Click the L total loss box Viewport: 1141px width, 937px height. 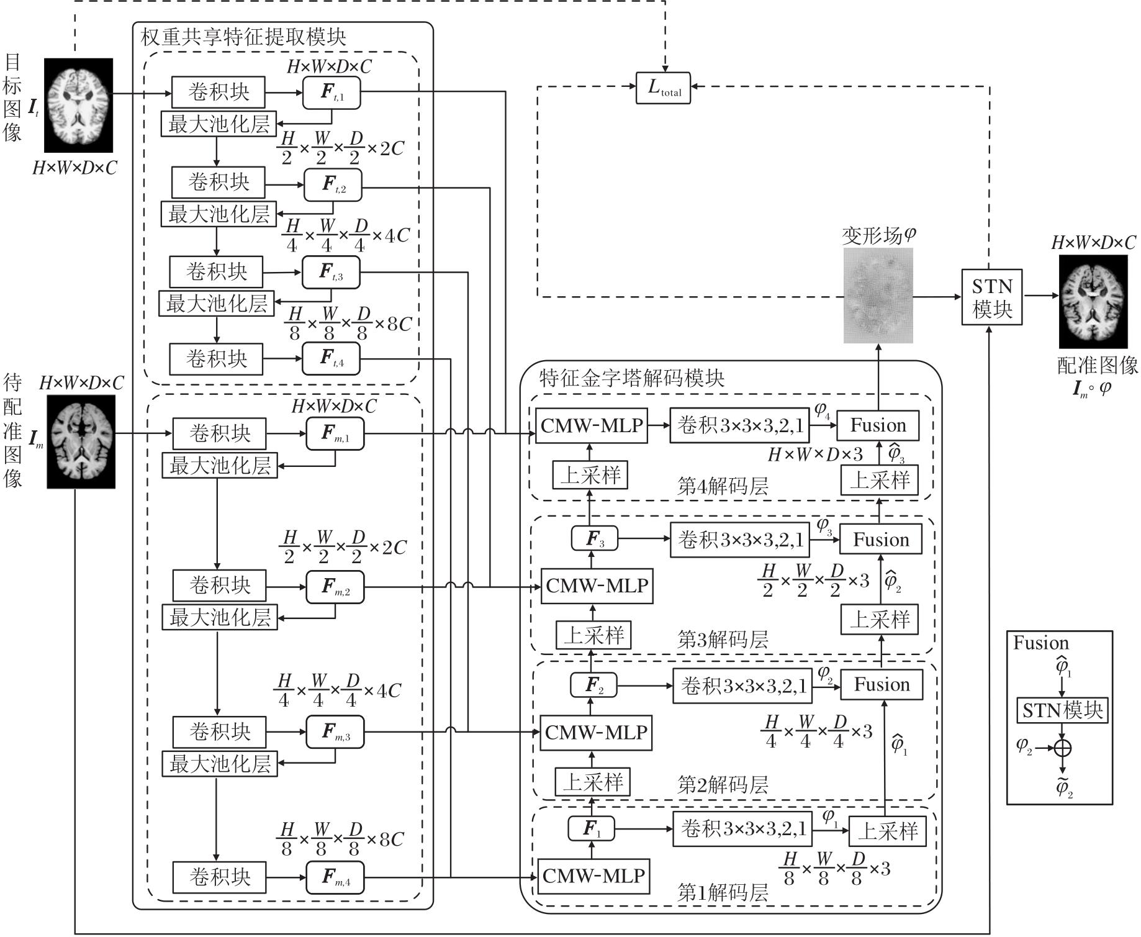click(663, 88)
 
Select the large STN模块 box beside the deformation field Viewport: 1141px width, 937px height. click(991, 297)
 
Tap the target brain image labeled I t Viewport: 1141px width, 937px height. click(78, 105)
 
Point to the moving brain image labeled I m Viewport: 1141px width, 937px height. click(81, 441)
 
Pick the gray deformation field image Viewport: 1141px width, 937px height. click(878, 296)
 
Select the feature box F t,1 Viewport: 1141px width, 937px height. click(331, 93)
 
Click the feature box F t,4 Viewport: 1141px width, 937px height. click(331, 358)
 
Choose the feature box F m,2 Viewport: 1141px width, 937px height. click(335, 587)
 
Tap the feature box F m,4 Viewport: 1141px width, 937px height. click(335, 877)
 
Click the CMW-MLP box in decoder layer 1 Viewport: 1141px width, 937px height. click(593, 876)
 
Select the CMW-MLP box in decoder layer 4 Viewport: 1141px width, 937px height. click(591, 425)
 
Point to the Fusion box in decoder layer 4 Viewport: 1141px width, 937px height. click(878, 425)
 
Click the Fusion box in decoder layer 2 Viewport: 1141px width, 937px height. click(882, 685)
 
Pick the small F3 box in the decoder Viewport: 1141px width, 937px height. click(594, 538)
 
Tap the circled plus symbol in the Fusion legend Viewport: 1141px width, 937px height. click(1063, 748)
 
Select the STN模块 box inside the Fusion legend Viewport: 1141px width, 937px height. click(1062, 710)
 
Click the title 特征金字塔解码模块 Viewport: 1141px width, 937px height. click(631, 378)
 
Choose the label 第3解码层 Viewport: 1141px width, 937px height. click(723, 640)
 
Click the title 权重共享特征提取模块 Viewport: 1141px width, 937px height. click(243, 37)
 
